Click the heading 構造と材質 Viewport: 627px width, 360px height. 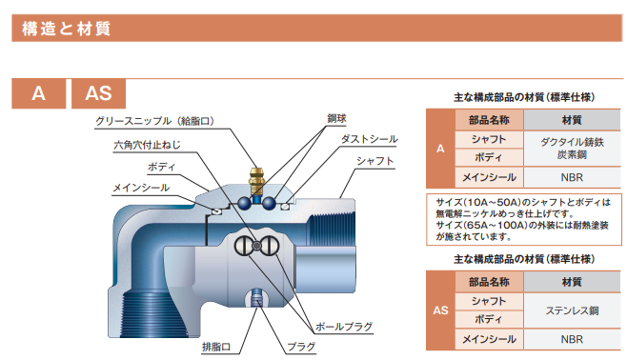(x=66, y=30)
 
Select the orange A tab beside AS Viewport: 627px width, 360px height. (x=38, y=93)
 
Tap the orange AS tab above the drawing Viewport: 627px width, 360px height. (x=98, y=93)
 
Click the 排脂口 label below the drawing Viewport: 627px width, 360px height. (x=218, y=349)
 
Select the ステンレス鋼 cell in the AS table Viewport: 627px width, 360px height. (x=572, y=309)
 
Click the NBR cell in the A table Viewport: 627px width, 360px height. (x=572, y=177)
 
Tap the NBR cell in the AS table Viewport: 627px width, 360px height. (x=572, y=337)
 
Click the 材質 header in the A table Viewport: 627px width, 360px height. (x=572, y=121)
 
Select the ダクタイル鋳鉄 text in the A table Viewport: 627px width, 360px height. (x=572, y=141)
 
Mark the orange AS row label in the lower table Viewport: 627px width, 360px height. (x=439, y=310)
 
